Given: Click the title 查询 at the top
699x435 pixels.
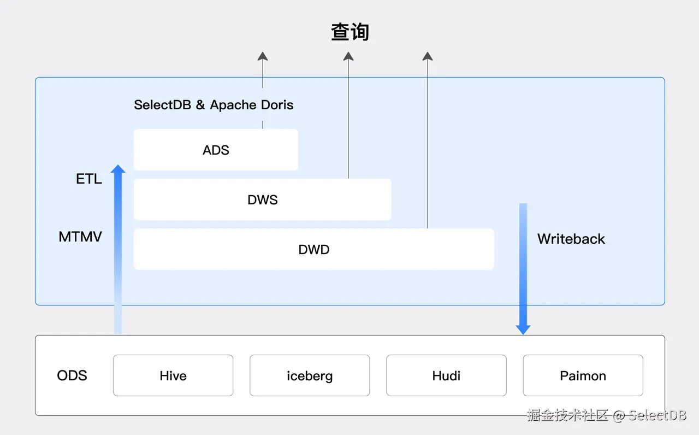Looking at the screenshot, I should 350,32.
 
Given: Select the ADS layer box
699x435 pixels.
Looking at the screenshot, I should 216,150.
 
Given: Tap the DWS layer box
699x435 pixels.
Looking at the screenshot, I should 262,199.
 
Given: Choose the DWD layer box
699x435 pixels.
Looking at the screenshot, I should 313,249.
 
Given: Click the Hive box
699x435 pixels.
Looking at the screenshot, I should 173,375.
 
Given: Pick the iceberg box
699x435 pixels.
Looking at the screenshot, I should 310,375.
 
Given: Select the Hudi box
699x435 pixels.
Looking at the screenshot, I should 446,375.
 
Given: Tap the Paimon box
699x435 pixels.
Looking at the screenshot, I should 583,375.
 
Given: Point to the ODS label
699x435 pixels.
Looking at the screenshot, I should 72,375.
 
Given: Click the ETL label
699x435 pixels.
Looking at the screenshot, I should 89,179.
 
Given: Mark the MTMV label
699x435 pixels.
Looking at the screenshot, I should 80,237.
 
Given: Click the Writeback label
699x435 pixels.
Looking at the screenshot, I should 571,239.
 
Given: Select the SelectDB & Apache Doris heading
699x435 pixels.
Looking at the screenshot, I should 214,105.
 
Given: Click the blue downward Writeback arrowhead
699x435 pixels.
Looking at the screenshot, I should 523,330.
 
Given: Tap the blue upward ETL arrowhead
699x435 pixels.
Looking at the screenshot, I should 118,169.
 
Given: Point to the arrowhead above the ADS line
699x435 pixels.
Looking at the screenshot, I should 263,56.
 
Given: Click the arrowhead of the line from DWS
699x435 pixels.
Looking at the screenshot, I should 348,56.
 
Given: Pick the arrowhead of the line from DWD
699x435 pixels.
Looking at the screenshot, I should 428,56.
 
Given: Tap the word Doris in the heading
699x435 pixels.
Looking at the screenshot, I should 278,105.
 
